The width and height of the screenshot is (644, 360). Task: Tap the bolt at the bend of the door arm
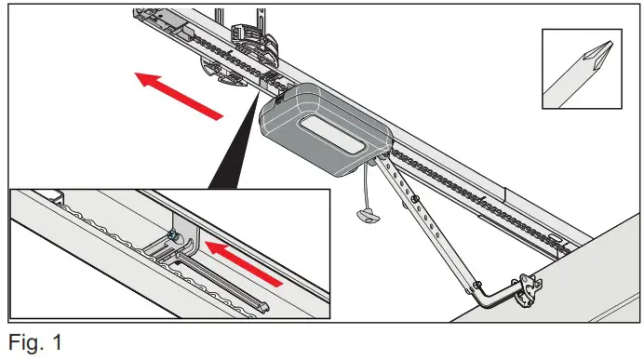click(476, 285)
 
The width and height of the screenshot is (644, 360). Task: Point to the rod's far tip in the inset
click(265, 304)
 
